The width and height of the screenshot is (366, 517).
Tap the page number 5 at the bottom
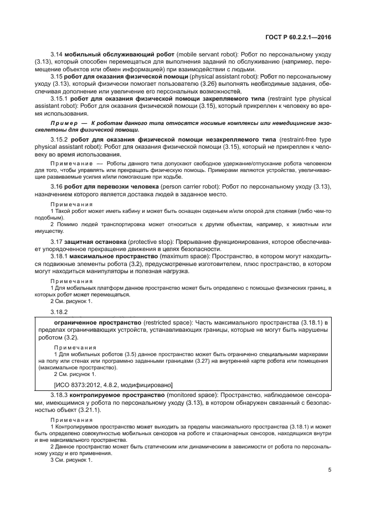(x=329, y=471)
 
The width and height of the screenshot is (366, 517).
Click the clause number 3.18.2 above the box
(x=59, y=311)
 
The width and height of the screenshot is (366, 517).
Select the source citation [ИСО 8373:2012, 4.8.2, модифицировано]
(x=113, y=384)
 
